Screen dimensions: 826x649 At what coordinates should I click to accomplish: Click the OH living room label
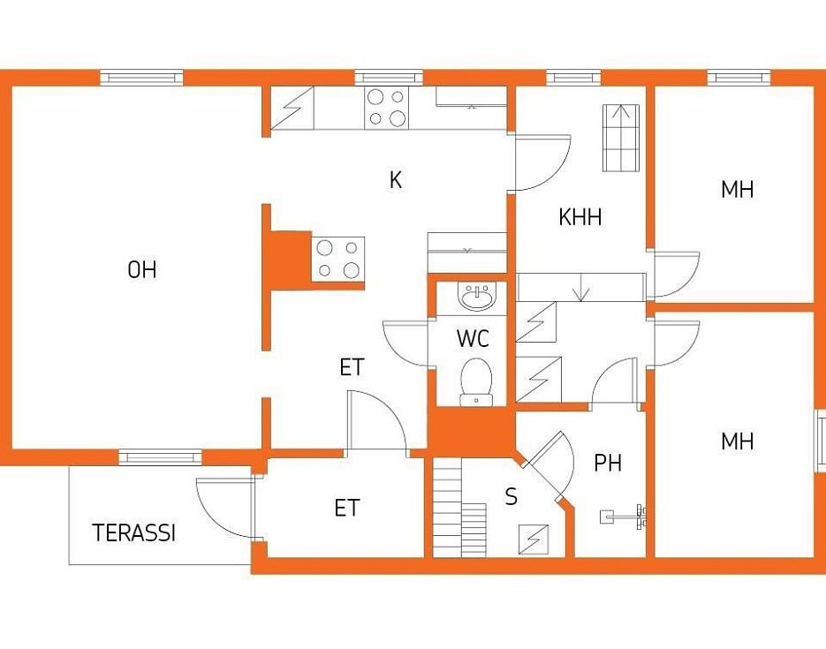click(142, 269)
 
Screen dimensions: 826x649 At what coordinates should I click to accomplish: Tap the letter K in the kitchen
click(396, 180)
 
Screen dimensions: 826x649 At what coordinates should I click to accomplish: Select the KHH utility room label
click(580, 217)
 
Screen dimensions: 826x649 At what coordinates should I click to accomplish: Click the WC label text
click(473, 338)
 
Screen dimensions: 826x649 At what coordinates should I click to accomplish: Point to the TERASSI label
click(133, 532)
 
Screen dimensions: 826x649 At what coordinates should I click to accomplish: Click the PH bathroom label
click(608, 463)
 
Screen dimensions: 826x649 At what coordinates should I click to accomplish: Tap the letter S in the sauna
click(511, 496)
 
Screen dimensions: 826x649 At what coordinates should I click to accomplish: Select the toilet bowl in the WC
click(476, 382)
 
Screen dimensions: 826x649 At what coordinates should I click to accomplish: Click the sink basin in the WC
click(477, 297)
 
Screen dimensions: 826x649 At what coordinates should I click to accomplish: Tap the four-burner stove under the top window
click(386, 108)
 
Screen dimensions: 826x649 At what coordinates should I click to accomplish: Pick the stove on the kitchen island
click(338, 259)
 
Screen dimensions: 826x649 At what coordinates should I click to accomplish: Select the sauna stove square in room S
click(534, 540)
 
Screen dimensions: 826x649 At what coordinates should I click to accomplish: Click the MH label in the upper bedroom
click(738, 190)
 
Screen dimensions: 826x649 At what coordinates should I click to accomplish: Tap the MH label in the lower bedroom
click(738, 441)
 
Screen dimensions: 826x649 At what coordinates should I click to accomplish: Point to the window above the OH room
click(141, 78)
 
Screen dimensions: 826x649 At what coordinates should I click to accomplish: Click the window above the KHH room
click(573, 78)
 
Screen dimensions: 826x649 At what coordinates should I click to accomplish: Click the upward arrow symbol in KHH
click(622, 138)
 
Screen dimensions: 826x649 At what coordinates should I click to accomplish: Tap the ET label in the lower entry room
click(346, 508)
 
